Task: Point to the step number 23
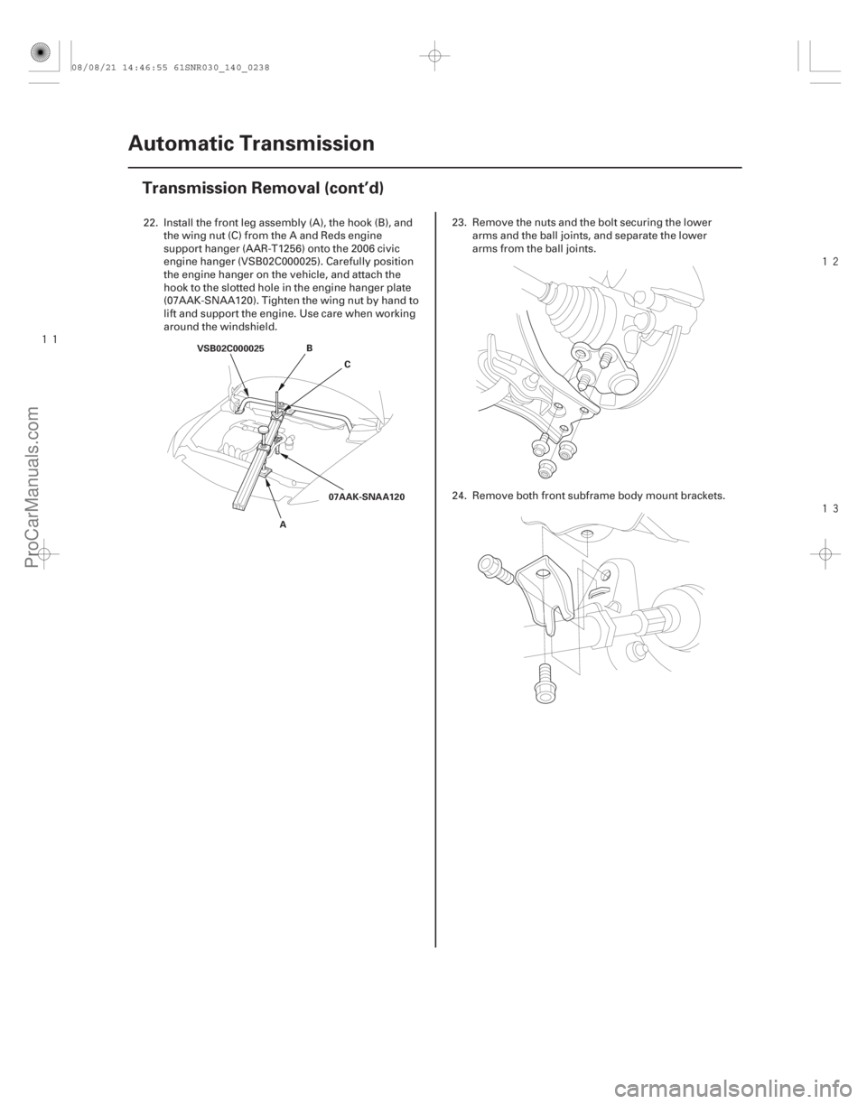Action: click(454, 219)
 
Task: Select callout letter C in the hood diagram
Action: click(348, 363)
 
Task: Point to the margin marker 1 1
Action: click(50, 339)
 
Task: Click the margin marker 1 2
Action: click(831, 262)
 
